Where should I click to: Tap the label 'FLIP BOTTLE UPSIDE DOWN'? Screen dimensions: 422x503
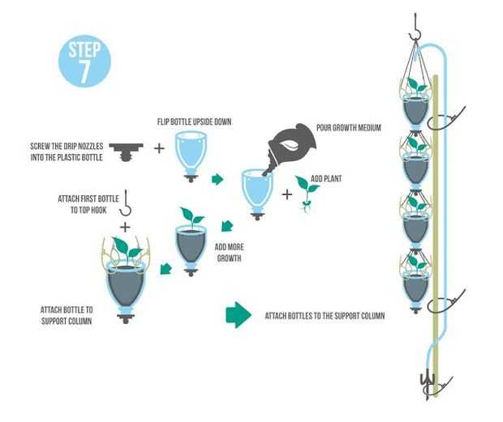tap(194, 121)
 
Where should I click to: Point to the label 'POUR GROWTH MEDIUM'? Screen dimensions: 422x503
tap(350, 128)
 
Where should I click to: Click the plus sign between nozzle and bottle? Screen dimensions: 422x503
tap(159, 149)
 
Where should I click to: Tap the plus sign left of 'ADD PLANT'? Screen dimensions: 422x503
tap(287, 194)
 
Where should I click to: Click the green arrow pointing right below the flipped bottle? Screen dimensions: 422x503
tap(217, 179)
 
